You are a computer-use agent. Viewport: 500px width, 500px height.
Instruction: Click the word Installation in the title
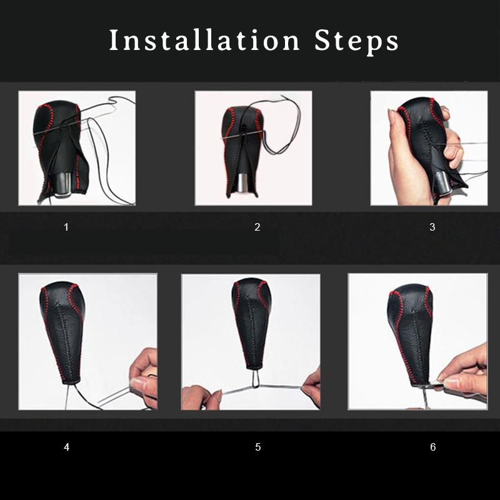[204, 40]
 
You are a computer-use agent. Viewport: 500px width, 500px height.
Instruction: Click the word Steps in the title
[356, 41]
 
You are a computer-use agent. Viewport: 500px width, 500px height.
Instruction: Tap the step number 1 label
[66, 227]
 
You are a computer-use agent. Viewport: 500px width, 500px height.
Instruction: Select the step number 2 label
[257, 227]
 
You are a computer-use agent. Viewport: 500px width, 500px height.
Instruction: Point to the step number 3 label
[432, 227]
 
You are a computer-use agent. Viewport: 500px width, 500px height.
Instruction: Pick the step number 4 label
[66, 447]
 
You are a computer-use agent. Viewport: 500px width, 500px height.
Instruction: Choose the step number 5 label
[258, 447]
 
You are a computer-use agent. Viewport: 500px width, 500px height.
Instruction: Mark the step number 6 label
[432, 447]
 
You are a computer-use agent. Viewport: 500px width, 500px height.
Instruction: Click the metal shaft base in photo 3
[442, 182]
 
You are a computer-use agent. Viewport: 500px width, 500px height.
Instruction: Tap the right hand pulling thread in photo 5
[311, 386]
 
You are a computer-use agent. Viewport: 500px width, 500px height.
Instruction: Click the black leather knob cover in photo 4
[63, 332]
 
